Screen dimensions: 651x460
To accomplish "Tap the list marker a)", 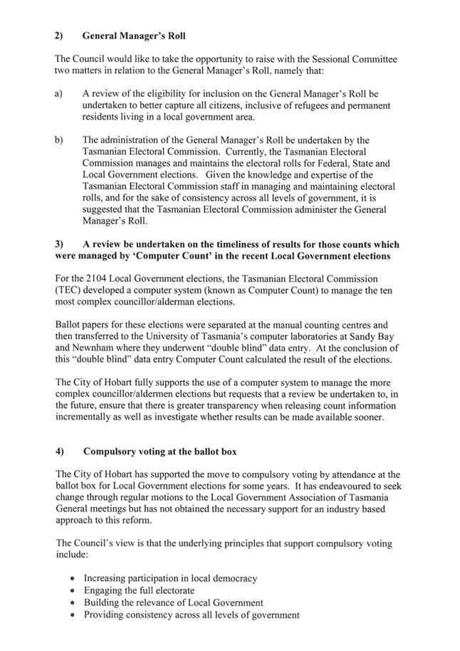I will coord(59,94).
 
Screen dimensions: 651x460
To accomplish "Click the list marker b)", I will coord(59,140).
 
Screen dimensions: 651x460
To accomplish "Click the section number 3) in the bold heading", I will coord(59,244).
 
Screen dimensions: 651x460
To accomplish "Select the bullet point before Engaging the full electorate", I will coord(74,591).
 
